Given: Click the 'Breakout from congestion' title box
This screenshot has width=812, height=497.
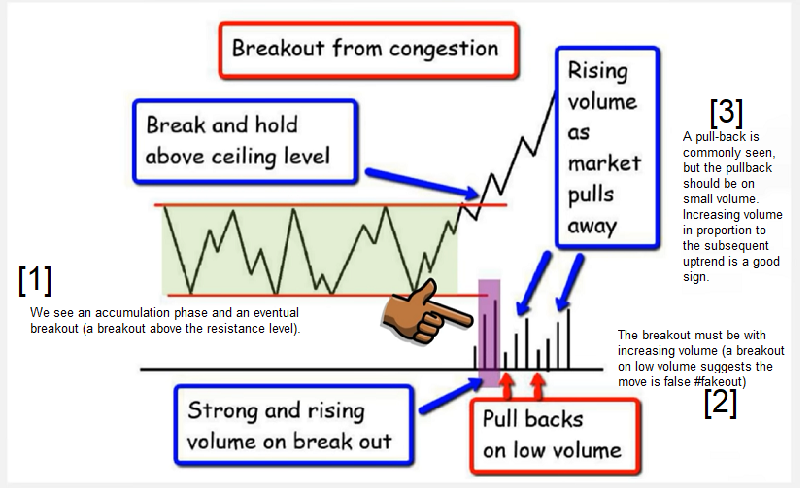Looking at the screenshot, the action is pyautogui.click(x=368, y=51).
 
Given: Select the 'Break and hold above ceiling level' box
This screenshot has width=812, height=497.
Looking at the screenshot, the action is pyautogui.click(x=246, y=142).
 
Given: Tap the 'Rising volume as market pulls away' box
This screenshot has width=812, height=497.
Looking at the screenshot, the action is pyautogui.click(x=607, y=148).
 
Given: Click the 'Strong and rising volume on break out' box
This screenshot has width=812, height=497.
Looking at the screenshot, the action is pyautogui.click(x=293, y=425).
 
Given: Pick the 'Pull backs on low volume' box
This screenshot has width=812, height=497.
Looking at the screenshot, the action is pyautogui.click(x=556, y=436).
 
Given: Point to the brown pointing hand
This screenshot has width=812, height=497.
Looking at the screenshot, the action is pyautogui.click(x=426, y=311).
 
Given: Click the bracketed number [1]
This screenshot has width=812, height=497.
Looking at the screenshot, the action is pyautogui.click(x=35, y=280).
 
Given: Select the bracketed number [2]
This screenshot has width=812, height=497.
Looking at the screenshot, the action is pyautogui.click(x=721, y=403).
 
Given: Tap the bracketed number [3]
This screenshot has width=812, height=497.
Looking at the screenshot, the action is pyautogui.click(x=726, y=113).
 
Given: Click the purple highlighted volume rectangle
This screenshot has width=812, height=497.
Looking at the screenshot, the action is pyautogui.click(x=489, y=333).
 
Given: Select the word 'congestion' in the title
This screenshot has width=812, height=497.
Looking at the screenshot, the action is pyautogui.click(x=444, y=50).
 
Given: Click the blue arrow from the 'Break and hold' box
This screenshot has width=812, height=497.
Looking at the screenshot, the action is pyautogui.click(x=423, y=183).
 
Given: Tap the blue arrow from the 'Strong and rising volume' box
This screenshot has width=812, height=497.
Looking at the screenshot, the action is pyautogui.click(x=450, y=396).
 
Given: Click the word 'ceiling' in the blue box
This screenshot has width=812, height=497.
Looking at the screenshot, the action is pyautogui.click(x=243, y=157).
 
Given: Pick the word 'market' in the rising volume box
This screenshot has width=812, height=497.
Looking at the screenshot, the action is pyautogui.click(x=604, y=163).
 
